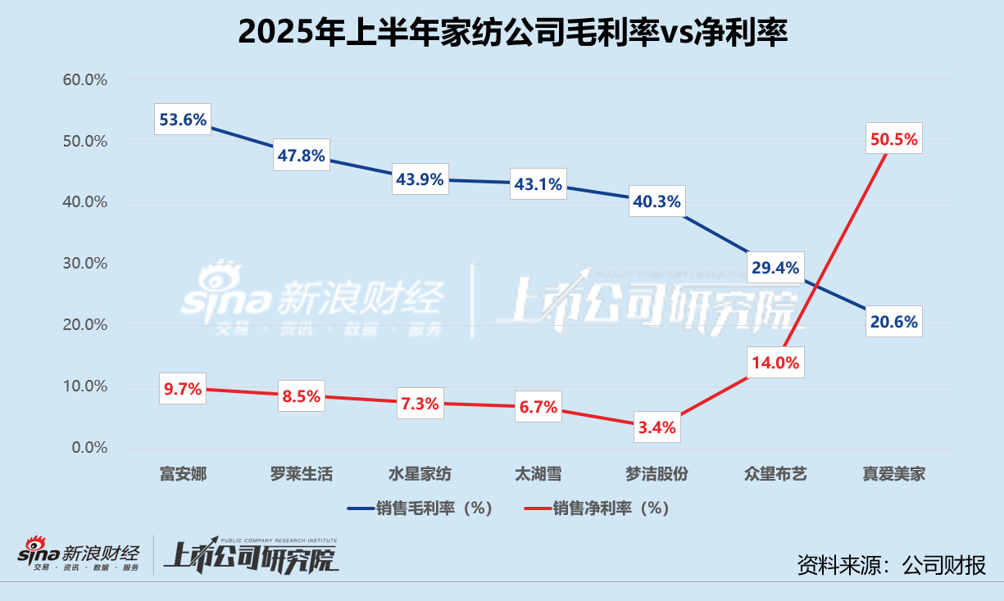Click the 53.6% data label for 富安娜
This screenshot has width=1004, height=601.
click(184, 120)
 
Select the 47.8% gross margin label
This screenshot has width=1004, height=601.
click(301, 155)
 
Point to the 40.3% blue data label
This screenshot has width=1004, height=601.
click(656, 201)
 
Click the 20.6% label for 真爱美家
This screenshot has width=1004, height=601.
click(894, 322)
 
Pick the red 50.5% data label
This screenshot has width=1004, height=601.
click(894, 139)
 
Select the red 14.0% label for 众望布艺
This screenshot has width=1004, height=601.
click(775, 363)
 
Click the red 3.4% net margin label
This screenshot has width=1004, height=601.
click(656, 427)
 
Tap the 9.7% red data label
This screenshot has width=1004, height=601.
click(183, 389)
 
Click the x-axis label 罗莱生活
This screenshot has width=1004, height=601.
click(301, 474)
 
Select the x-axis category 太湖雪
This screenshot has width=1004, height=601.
click(538, 474)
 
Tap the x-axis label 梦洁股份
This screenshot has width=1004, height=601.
click(656, 474)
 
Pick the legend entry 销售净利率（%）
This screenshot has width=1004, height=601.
click(598, 508)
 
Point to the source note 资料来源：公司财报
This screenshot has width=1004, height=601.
click(892, 564)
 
